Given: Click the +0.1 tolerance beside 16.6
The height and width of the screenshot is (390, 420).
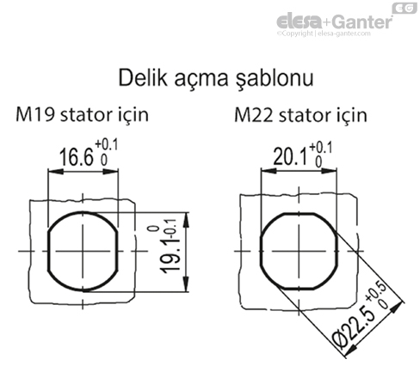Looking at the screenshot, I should point(107,147).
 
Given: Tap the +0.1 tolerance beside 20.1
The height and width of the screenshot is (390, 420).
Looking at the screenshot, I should point(319,147).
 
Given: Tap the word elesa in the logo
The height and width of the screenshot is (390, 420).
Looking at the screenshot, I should point(297,21).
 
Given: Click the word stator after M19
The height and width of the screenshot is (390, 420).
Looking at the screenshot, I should point(92,114).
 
